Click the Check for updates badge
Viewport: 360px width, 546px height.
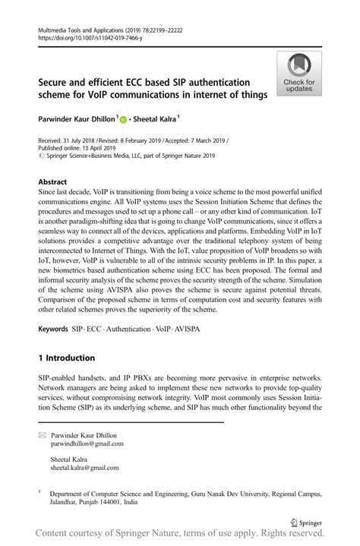299,74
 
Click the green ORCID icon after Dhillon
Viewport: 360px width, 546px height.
123,120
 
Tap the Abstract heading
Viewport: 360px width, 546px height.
52,182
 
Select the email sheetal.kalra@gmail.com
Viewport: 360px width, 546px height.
84,468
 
